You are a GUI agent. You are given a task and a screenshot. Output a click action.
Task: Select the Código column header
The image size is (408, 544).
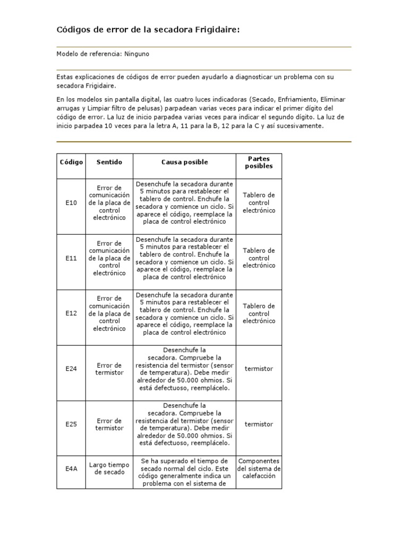click(x=71, y=162)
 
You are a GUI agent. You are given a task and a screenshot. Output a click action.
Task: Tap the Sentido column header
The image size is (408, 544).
click(x=109, y=162)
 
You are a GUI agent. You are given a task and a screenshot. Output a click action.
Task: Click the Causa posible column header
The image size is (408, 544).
click(x=184, y=162)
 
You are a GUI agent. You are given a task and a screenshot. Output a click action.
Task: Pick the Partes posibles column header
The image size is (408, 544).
click(x=259, y=162)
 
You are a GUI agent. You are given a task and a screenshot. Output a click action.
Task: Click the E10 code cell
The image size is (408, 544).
click(x=71, y=202)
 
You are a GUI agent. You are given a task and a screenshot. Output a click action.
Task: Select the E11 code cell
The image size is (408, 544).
click(x=71, y=258)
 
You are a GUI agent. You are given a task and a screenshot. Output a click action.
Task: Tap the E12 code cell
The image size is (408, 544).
click(x=71, y=313)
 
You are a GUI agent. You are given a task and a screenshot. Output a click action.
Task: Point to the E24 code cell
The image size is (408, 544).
click(x=71, y=369)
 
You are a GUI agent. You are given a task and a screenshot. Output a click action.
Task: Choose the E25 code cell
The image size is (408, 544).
click(x=71, y=424)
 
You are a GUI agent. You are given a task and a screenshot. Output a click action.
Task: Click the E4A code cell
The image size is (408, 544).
click(x=71, y=469)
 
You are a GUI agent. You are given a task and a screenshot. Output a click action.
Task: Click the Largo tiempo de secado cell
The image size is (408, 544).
click(x=109, y=468)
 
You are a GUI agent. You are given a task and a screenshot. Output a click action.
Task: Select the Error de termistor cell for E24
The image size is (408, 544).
click(x=109, y=369)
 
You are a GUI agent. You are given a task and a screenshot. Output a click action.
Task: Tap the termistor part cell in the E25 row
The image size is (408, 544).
click(x=259, y=424)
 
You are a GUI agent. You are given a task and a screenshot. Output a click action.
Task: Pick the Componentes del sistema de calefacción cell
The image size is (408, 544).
click(x=259, y=469)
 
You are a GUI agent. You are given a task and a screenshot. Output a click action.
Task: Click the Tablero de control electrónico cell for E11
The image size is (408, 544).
click(x=259, y=258)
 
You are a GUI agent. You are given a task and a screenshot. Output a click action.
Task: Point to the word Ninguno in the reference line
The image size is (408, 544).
click(x=144, y=54)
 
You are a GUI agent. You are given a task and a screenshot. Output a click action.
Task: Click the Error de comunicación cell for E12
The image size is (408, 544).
click(x=109, y=313)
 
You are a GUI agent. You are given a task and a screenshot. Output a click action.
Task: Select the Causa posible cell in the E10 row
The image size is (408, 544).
click(x=184, y=202)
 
